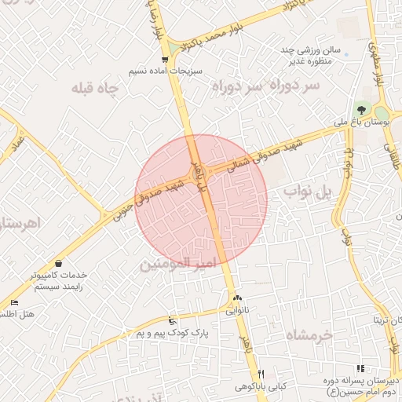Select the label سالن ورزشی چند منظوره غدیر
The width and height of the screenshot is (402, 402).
(x=312, y=55)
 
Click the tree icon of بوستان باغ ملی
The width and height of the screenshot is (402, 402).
(x=362, y=111)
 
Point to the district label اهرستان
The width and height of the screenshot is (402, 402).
(x=20, y=224)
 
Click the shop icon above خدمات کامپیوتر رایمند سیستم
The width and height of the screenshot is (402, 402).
(x=59, y=264)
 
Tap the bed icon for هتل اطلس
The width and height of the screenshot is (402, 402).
(x=14, y=303)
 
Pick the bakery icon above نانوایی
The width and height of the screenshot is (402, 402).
(x=237, y=298)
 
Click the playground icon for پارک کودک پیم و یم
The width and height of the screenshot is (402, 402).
(x=173, y=320)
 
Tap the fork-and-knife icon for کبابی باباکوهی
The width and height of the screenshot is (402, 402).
(x=261, y=374)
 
